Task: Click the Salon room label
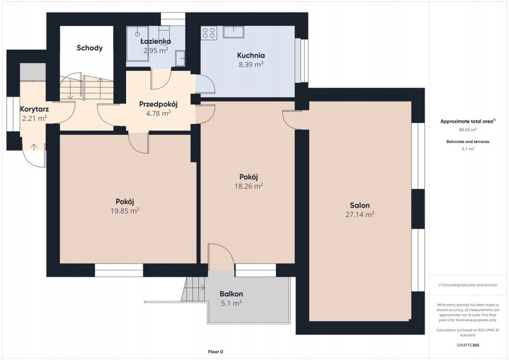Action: click(360, 205)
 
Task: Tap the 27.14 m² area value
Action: click(360, 214)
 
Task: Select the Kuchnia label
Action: click(251, 55)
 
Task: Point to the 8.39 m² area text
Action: click(251, 64)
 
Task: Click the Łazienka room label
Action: click(156, 41)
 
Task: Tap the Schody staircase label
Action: click(89, 48)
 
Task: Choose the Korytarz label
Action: click(34, 109)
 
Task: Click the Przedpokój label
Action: click(158, 104)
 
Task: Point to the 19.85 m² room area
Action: click(125, 211)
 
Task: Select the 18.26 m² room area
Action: click(249, 186)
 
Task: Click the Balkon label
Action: click(231, 294)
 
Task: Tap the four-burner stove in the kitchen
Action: click(209, 33)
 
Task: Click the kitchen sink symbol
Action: click(234, 32)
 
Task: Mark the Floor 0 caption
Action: click(216, 352)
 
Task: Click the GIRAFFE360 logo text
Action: click(468, 345)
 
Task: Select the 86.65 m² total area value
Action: click(468, 129)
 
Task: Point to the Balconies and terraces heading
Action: click(468, 142)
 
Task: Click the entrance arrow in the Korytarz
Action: click(33, 146)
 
